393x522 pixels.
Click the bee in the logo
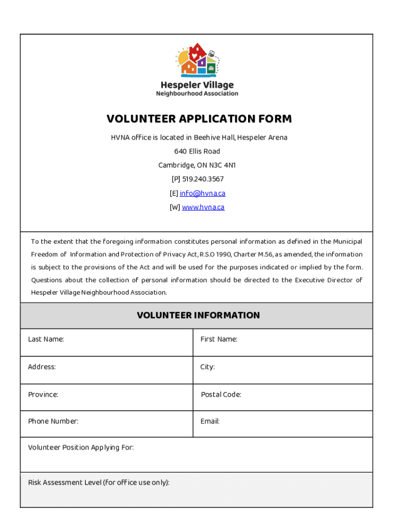click(x=211, y=53)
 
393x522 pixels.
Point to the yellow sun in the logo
click(x=183, y=58)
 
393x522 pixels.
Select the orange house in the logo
click(x=188, y=68)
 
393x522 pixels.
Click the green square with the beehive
click(x=212, y=68)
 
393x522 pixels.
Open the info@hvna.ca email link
click(x=202, y=193)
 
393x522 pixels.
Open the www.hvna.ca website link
click(x=203, y=207)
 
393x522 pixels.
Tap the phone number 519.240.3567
click(x=203, y=179)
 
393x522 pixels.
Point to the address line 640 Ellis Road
click(x=197, y=151)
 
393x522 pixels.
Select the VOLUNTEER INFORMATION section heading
click(x=198, y=316)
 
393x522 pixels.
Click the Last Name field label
click(x=46, y=339)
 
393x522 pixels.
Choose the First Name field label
click(x=219, y=339)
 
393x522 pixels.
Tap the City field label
click(x=208, y=367)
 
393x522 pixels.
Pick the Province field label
click(x=43, y=395)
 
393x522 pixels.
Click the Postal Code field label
click(x=221, y=395)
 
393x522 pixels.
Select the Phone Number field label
click(x=53, y=421)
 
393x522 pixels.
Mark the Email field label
click(x=210, y=421)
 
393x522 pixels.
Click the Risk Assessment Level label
click(x=99, y=482)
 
